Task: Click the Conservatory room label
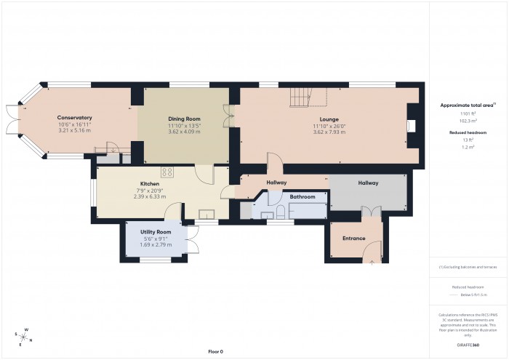[74, 117]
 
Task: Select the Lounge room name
[329, 119]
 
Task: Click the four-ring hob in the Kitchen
[167, 172]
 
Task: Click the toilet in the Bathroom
[279, 212]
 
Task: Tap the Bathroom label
[302, 197]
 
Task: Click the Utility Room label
[155, 231]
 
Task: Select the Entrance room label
[354, 238]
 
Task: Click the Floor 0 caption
[215, 351]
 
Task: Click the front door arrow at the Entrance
[372, 260]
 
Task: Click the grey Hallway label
[368, 183]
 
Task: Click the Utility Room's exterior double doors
[192, 240]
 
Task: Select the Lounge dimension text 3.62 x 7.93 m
[329, 132]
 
